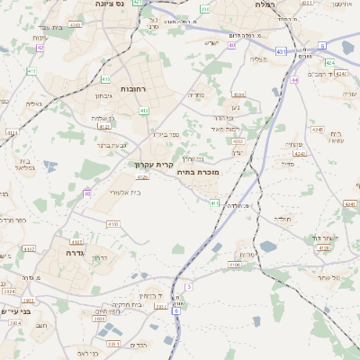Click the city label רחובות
(x=134, y=89)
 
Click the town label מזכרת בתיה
(x=198, y=171)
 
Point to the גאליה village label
(x=34, y=103)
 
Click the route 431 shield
(x=281, y=52)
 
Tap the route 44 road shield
(x=294, y=79)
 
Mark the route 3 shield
(x=189, y=286)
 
